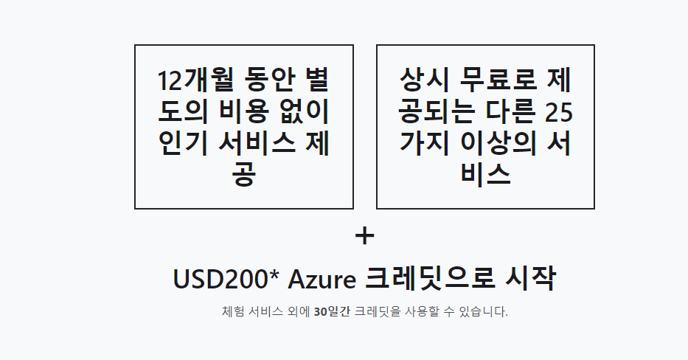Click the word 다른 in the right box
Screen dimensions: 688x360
[502, 112]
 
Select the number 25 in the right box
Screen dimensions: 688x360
[558, 112]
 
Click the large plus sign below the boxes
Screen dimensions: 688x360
[365, 236]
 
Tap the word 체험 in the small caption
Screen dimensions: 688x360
[233, 311]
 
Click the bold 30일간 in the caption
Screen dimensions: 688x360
[332, 311]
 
